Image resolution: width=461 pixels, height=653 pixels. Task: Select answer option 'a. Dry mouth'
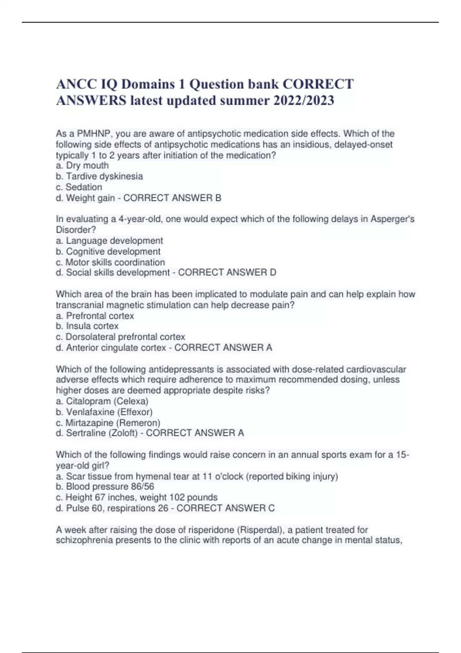82,166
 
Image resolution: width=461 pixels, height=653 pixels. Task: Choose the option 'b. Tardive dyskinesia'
99,176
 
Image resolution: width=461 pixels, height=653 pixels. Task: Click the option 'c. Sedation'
79,187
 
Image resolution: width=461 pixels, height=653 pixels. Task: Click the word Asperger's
392,219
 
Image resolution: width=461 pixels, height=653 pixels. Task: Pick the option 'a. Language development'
109,241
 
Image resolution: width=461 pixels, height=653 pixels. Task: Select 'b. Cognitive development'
108,252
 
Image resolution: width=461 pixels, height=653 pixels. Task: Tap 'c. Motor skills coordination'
110,262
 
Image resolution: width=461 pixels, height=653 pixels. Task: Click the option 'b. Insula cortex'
87,326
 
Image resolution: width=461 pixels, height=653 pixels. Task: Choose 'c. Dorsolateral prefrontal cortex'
120,337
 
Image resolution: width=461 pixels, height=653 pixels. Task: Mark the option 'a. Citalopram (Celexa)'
102,401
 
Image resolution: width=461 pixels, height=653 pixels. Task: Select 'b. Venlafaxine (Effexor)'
104,412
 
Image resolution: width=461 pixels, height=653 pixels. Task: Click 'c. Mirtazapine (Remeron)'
108,423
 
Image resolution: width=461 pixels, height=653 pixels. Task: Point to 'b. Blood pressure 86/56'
105,487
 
